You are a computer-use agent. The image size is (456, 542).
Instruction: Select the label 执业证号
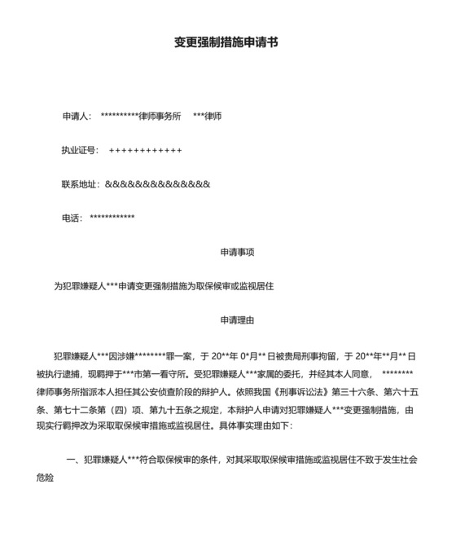coord(78,150)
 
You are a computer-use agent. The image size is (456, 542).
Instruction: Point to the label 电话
coord(70,218)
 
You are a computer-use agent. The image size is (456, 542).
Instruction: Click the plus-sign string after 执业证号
coord(145,150)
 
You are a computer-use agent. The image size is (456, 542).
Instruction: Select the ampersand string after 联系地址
coord(157,184)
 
